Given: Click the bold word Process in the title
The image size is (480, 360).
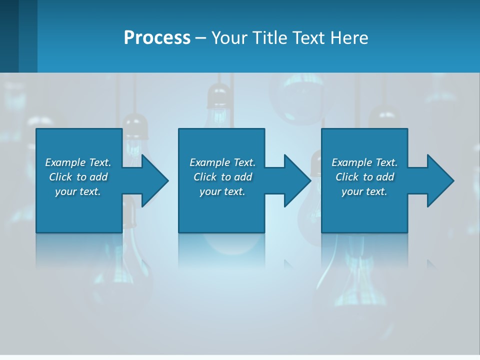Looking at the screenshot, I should click(157, 38).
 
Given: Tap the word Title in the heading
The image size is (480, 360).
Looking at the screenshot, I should click(268, 38).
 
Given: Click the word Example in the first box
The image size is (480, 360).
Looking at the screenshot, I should click(65, 162).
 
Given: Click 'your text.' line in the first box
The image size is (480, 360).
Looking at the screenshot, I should click(78, 191).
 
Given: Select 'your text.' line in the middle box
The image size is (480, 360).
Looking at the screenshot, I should click(222, 191).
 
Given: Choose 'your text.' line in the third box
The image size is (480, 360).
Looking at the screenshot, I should click(364, 191).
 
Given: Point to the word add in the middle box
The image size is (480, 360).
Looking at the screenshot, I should click(243, 177).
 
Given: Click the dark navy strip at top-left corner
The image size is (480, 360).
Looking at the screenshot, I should click(9, 35).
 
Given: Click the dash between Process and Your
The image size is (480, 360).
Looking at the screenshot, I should click(201, 38).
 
